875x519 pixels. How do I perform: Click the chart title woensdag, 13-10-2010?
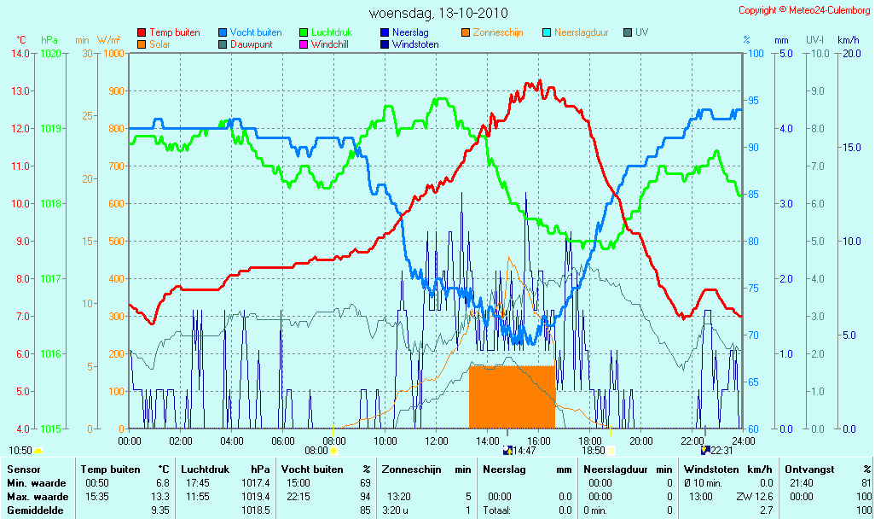click(438, 13)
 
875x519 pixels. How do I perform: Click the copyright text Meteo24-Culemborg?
click(829, 10)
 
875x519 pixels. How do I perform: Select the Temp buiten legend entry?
click(169, 32)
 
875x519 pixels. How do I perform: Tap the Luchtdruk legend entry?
click(326, 32)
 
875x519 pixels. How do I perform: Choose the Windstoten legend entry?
click(409, 44)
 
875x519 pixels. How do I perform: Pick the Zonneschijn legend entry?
click(492, 32)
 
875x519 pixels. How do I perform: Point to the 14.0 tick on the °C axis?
click(20, 54)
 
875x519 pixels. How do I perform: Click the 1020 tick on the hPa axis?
click(51, 54)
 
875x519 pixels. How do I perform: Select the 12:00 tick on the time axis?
click(437, 440)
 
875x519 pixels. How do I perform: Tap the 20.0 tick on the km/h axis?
click(852, 54)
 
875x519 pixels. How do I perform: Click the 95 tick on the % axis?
click(753, 101)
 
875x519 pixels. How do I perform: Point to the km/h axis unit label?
click(849, 40)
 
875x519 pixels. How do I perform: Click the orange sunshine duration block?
click(512, 397)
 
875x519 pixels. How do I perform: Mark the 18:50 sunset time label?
click(594, 451)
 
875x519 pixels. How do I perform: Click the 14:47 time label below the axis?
click(524, 451)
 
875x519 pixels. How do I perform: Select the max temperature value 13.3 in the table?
click(160, 497)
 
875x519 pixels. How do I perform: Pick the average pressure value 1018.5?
click(255, 510)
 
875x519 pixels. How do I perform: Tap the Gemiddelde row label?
click(35, 510)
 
